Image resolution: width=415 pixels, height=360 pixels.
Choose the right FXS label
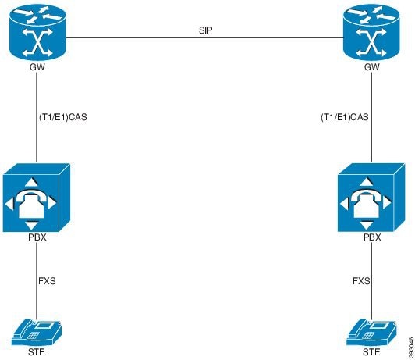360,279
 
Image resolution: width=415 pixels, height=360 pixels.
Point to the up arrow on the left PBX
31,181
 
